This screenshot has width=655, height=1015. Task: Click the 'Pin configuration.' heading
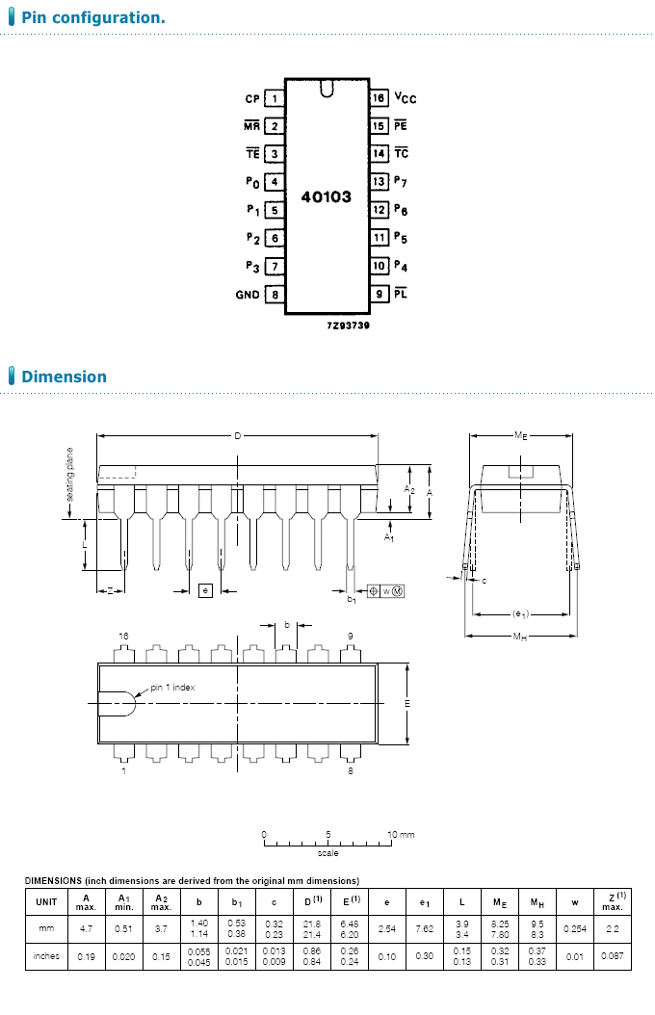pos(92,18)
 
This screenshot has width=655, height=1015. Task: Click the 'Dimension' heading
pos(64,377)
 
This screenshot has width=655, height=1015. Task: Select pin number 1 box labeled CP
pos(275,98)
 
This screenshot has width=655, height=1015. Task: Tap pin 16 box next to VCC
pos(380,98)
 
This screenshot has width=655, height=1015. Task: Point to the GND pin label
pos(248,295)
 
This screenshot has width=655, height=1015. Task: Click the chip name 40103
pos(327,196)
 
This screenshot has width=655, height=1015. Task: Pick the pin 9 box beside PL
pos(380,295)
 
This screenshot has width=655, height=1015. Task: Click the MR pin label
pos(251,126)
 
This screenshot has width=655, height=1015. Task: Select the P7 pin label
pos(401,182)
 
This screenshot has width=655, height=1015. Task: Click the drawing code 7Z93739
pos(348,325)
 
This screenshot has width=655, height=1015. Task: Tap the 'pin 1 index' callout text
pos(172,688)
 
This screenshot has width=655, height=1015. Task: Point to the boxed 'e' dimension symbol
pos(205,589)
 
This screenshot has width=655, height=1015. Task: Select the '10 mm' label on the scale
pos(401,834)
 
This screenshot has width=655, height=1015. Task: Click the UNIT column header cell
pos(46,902)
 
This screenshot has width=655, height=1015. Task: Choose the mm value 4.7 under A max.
pos(87,928)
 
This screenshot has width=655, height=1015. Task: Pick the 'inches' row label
pos(46,956)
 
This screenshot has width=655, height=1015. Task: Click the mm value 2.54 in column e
pos(387,928)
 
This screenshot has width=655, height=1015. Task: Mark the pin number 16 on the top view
pos(123,637)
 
